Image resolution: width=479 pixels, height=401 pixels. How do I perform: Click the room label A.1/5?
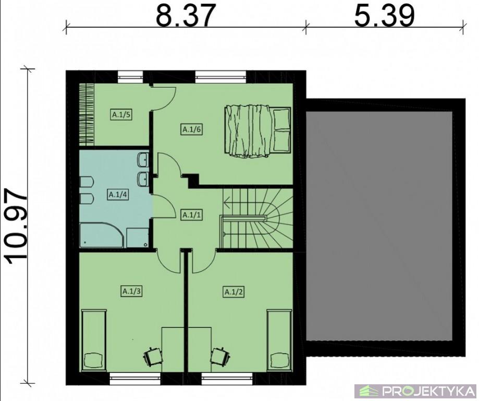121,115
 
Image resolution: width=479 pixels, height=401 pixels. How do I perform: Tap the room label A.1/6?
192,129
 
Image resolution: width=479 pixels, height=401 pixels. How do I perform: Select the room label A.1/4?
118,195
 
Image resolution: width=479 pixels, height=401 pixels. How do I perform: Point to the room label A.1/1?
192,215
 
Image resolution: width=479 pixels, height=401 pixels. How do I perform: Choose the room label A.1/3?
132,291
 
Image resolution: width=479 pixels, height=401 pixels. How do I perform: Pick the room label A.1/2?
234,292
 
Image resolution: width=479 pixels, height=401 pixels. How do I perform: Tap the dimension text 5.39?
384,15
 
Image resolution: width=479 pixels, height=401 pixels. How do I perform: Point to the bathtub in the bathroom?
102,235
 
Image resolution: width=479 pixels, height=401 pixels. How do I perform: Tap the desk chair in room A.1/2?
220,356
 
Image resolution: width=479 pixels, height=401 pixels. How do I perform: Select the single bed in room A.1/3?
94,340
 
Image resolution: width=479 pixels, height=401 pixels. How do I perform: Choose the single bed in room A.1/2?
279,340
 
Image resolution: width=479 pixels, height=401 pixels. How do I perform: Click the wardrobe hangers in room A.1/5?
87,114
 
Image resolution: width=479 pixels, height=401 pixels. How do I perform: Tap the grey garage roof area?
379,226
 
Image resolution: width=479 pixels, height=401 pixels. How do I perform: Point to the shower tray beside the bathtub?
138,238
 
